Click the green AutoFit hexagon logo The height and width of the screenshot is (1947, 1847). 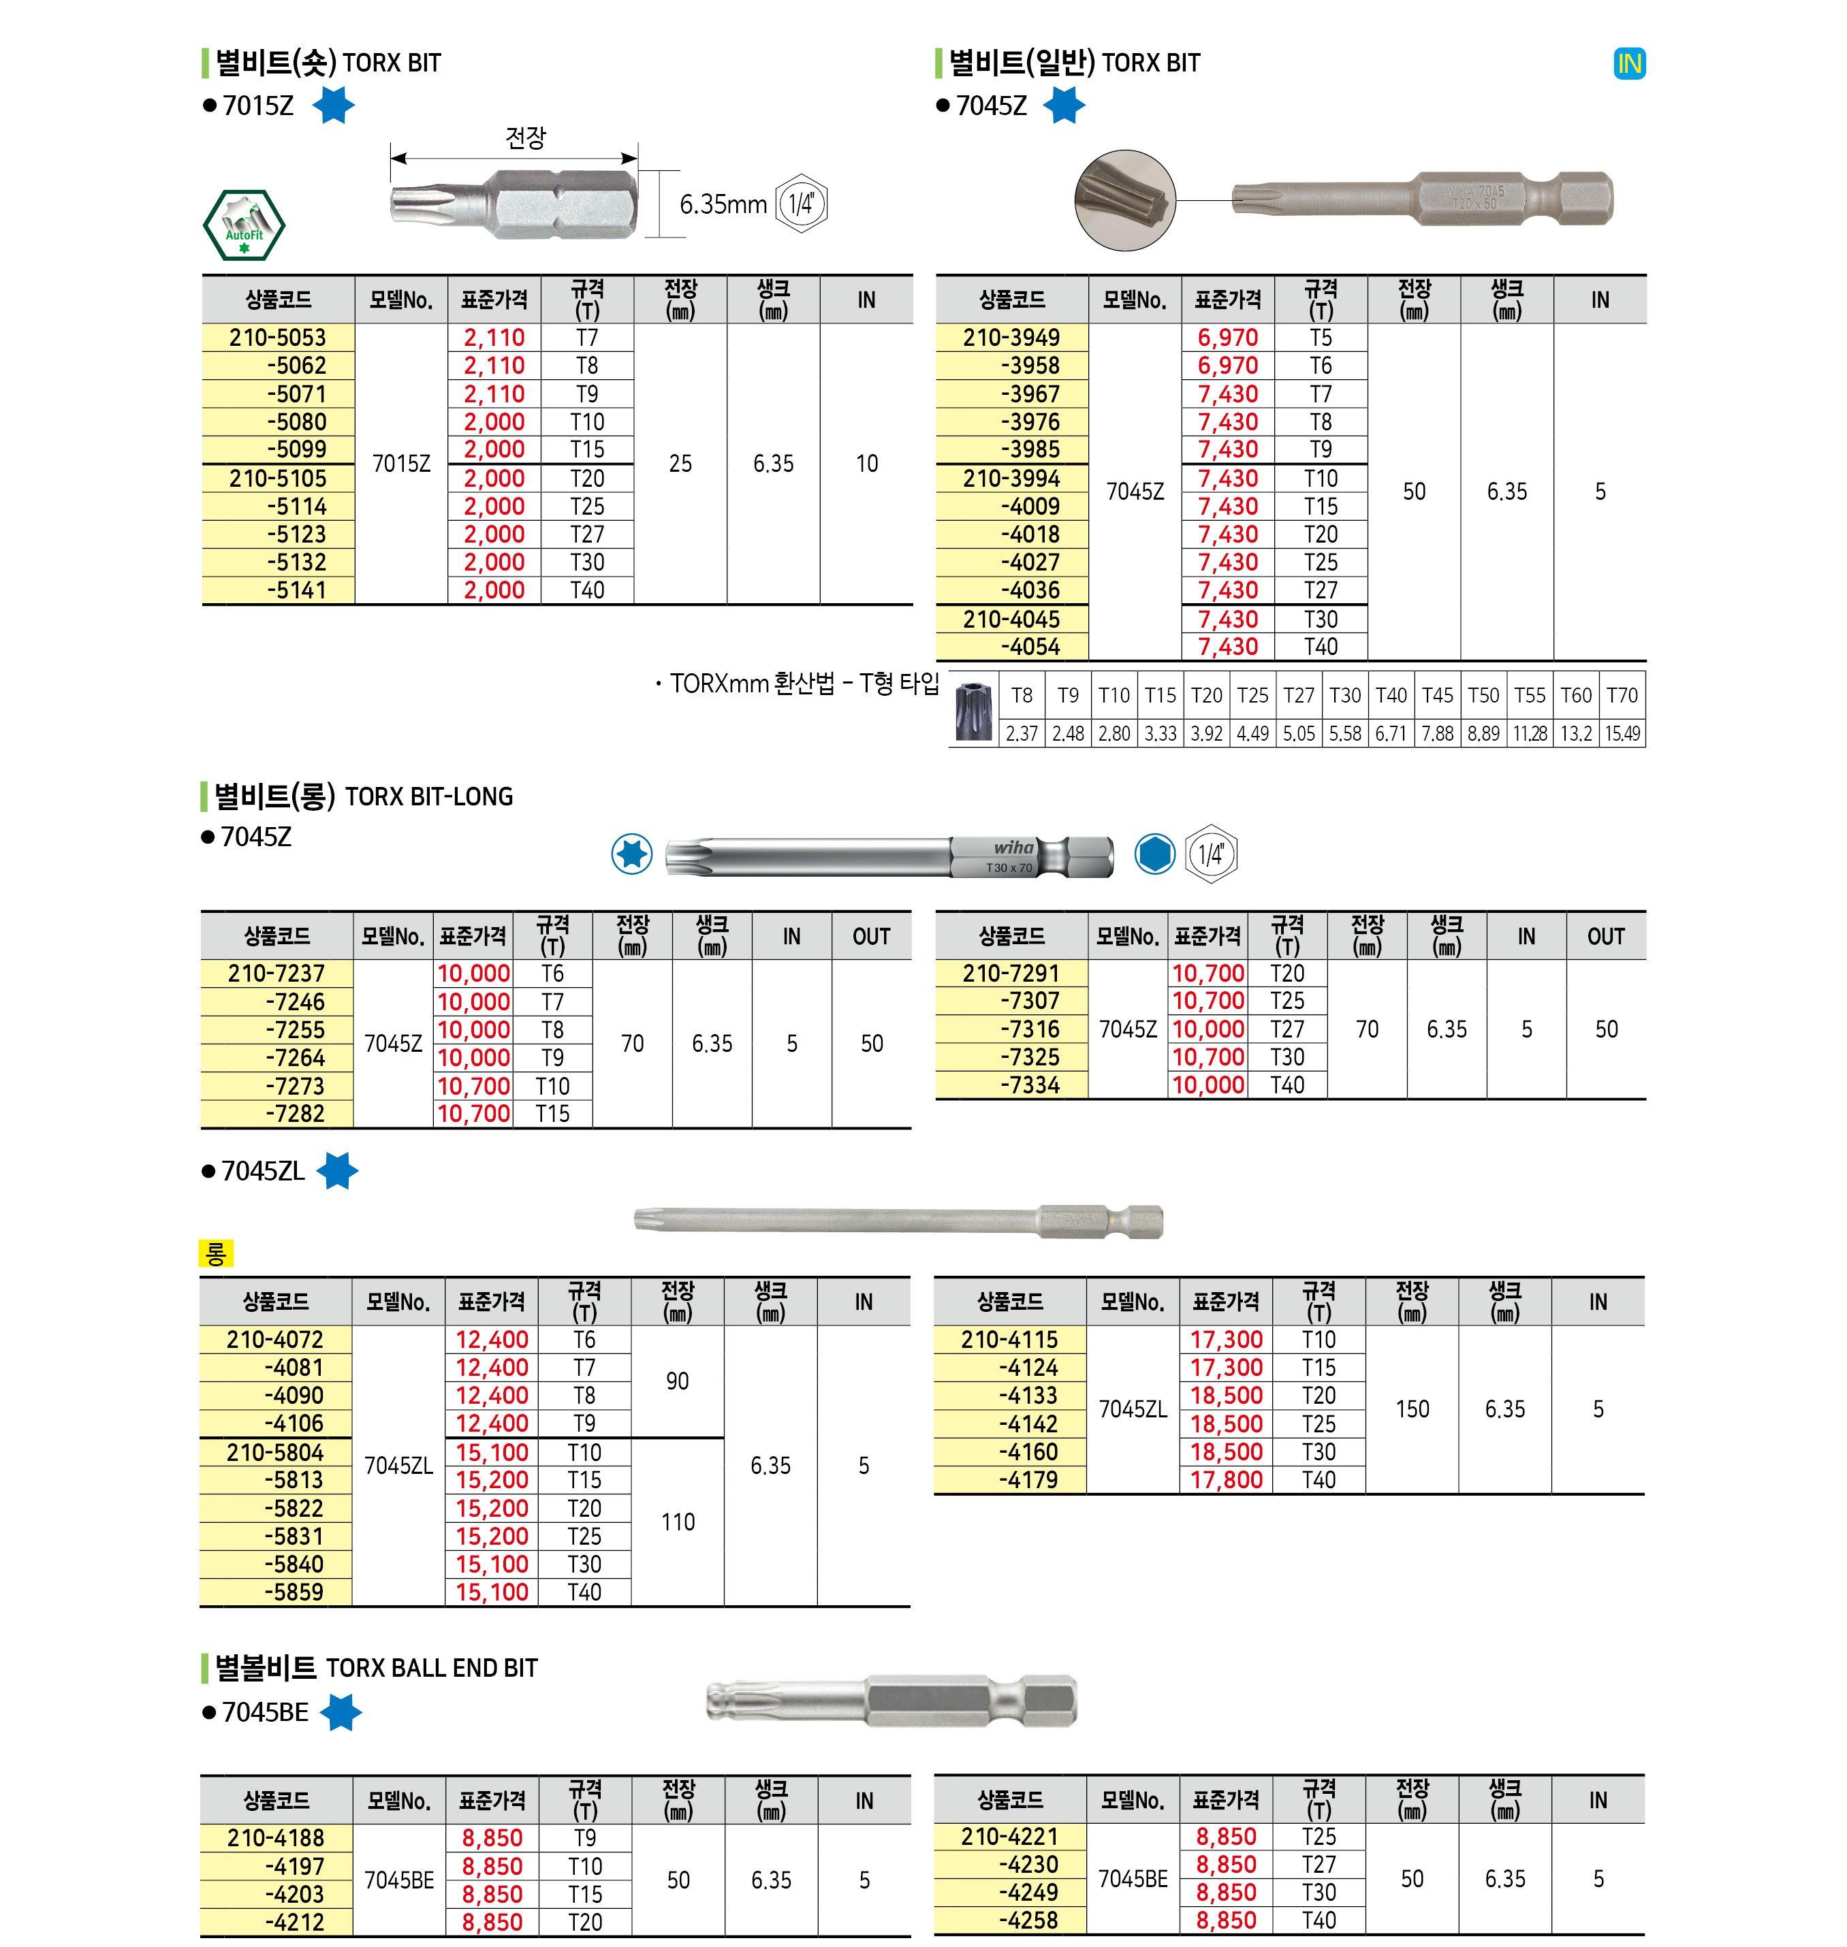(243, 225)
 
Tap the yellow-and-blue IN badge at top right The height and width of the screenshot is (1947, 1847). (1630, 64)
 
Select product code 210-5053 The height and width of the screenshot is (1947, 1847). (278, 338)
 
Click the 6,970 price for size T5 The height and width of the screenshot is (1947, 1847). (1228, 338)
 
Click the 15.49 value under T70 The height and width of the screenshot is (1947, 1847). (1622, 733)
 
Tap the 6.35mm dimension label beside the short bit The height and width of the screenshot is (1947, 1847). (723, 205)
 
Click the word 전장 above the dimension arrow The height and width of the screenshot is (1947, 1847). (526, 138)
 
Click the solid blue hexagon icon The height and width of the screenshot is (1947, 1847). (1154, 854)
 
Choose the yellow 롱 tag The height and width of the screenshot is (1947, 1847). (216, 1253)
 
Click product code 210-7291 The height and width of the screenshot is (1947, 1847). (1011, 973)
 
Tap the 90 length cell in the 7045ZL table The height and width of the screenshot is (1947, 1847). (678, 1381)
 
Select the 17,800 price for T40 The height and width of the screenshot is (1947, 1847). (1226, 1479)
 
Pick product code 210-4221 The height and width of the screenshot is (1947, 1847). (1009, 1837)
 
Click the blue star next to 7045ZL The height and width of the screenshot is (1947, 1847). (336, 1172)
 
